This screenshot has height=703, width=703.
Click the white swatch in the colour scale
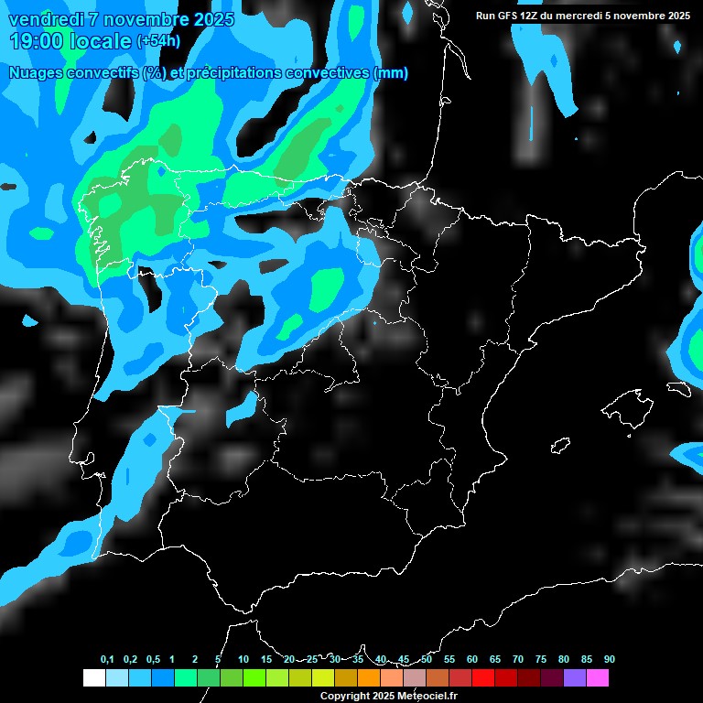point(94,677)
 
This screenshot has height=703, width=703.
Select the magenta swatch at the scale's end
point(598,677)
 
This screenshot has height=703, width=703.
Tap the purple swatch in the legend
point(575,677)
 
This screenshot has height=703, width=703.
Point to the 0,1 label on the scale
point(107,660)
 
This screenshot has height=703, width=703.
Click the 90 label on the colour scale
point(610,660)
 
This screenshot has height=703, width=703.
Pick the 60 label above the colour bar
point(472,660)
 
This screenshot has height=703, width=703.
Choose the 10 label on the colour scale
point(243,660)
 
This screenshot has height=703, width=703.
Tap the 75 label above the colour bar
point(541,660)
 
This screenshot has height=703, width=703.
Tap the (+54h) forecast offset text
point(158,42)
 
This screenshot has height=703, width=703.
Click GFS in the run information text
point(507,16)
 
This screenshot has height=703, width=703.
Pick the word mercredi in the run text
point(585,16)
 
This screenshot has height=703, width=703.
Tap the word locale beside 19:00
point(101,41)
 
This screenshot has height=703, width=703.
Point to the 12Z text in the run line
point(529,16)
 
